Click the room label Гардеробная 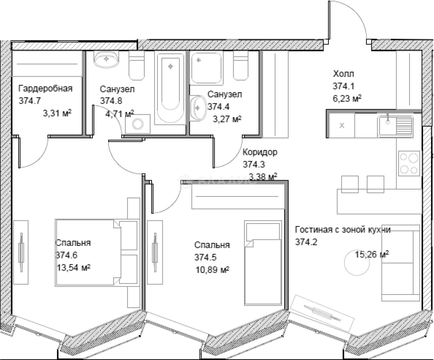(x=45, y=88)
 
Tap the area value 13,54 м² (x=73, y=267)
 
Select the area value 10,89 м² (x=212, y=270)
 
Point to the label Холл (x=343, y=74)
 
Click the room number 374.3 (x=254, y=165)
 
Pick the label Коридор (x=260, y=152)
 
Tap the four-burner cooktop (x=409, y=163)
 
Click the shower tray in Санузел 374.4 (x=206, y=68)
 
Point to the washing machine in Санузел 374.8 (x=138, y=124)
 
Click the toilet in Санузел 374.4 (x=241, y=66)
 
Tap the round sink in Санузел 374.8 (x=106, y=59)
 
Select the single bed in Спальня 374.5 (x=262, y=263)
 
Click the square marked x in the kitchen (x=341, y=125)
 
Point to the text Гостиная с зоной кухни (x=343, y=230)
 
